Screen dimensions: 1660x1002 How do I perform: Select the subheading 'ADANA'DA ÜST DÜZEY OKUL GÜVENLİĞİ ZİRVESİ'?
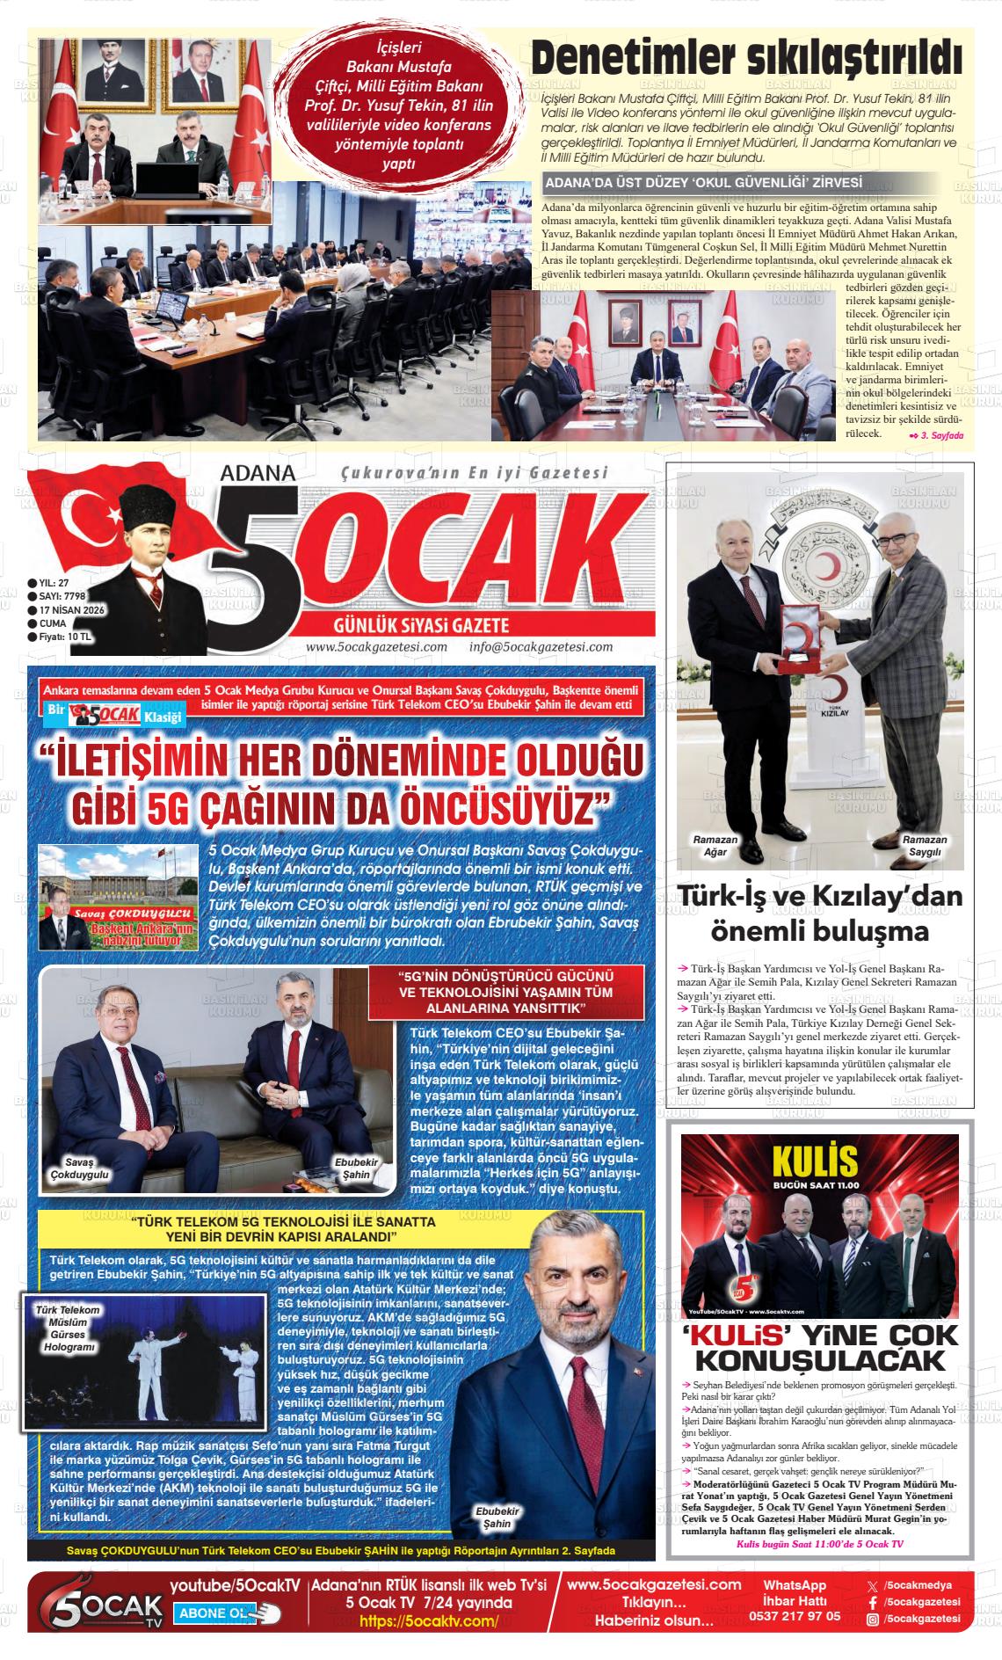tap(703, 183)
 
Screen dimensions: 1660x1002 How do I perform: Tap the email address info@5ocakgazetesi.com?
tap(541, 647)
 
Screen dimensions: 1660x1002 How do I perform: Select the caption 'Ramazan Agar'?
tap(715, 846)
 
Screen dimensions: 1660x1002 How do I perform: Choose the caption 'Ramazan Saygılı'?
tap(925, 846)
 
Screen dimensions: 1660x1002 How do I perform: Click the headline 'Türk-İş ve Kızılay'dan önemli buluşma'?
tap(820, 914)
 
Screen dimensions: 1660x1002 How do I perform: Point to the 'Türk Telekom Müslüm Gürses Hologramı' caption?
tap(68, 1328)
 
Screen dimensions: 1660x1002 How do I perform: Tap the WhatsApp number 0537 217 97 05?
tap(794, 1615)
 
